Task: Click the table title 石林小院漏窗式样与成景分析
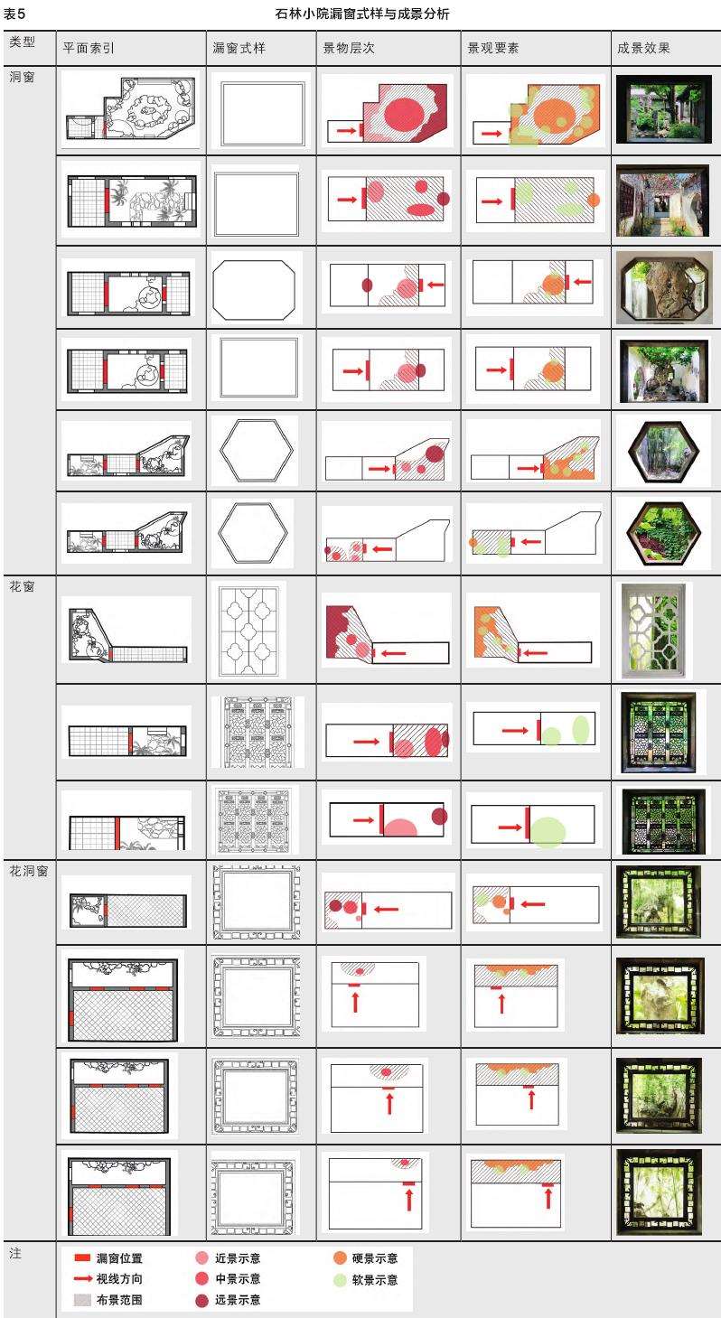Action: (x=362, y=14)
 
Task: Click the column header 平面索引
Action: (x=89, y=48)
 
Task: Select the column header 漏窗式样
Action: (x=239, y=48)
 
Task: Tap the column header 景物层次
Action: (x=349, y=48)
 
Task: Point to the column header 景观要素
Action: (x=493, y=48)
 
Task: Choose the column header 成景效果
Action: (x=643, y=48)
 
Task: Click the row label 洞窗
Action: (x=22, y=77)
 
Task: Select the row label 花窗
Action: (x=22, y=586)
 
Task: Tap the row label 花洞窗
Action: (x=28, y=872)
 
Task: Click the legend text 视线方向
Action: (x=119, y=1278)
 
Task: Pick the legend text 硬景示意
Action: (x=375, y=1258)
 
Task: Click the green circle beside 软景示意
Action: (x=340, y=1280)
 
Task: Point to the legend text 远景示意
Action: (x=238, y=1299)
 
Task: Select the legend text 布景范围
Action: (x=119, y=1299)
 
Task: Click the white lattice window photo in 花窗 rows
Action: (x=653, y=631)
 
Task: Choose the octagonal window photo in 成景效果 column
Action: (x=664, y=288)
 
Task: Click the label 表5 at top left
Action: (x=14, y=14)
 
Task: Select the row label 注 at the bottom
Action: (x=15, y=1253)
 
